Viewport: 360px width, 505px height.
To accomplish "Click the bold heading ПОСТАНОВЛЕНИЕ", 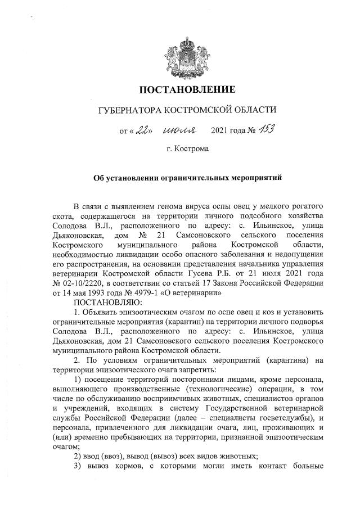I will [x=187, y=89].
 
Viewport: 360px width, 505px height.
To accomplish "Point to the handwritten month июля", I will [x=179, y=132].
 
